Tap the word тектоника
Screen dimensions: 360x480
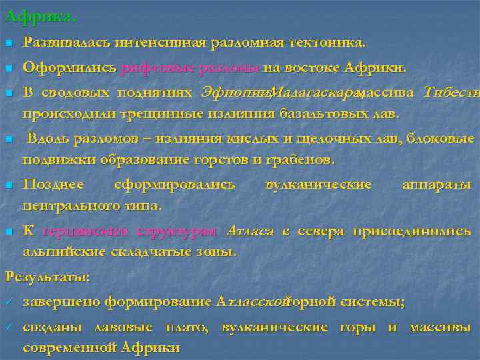tap(331, 43)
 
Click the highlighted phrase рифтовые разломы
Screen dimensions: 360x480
tap(190, 67)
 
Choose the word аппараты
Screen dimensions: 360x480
tap(437, 184)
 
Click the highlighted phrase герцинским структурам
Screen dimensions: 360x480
tap(129, 232)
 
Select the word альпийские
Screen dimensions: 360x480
tap(61, 252)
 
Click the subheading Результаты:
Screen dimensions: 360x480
tap(47, 275)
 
